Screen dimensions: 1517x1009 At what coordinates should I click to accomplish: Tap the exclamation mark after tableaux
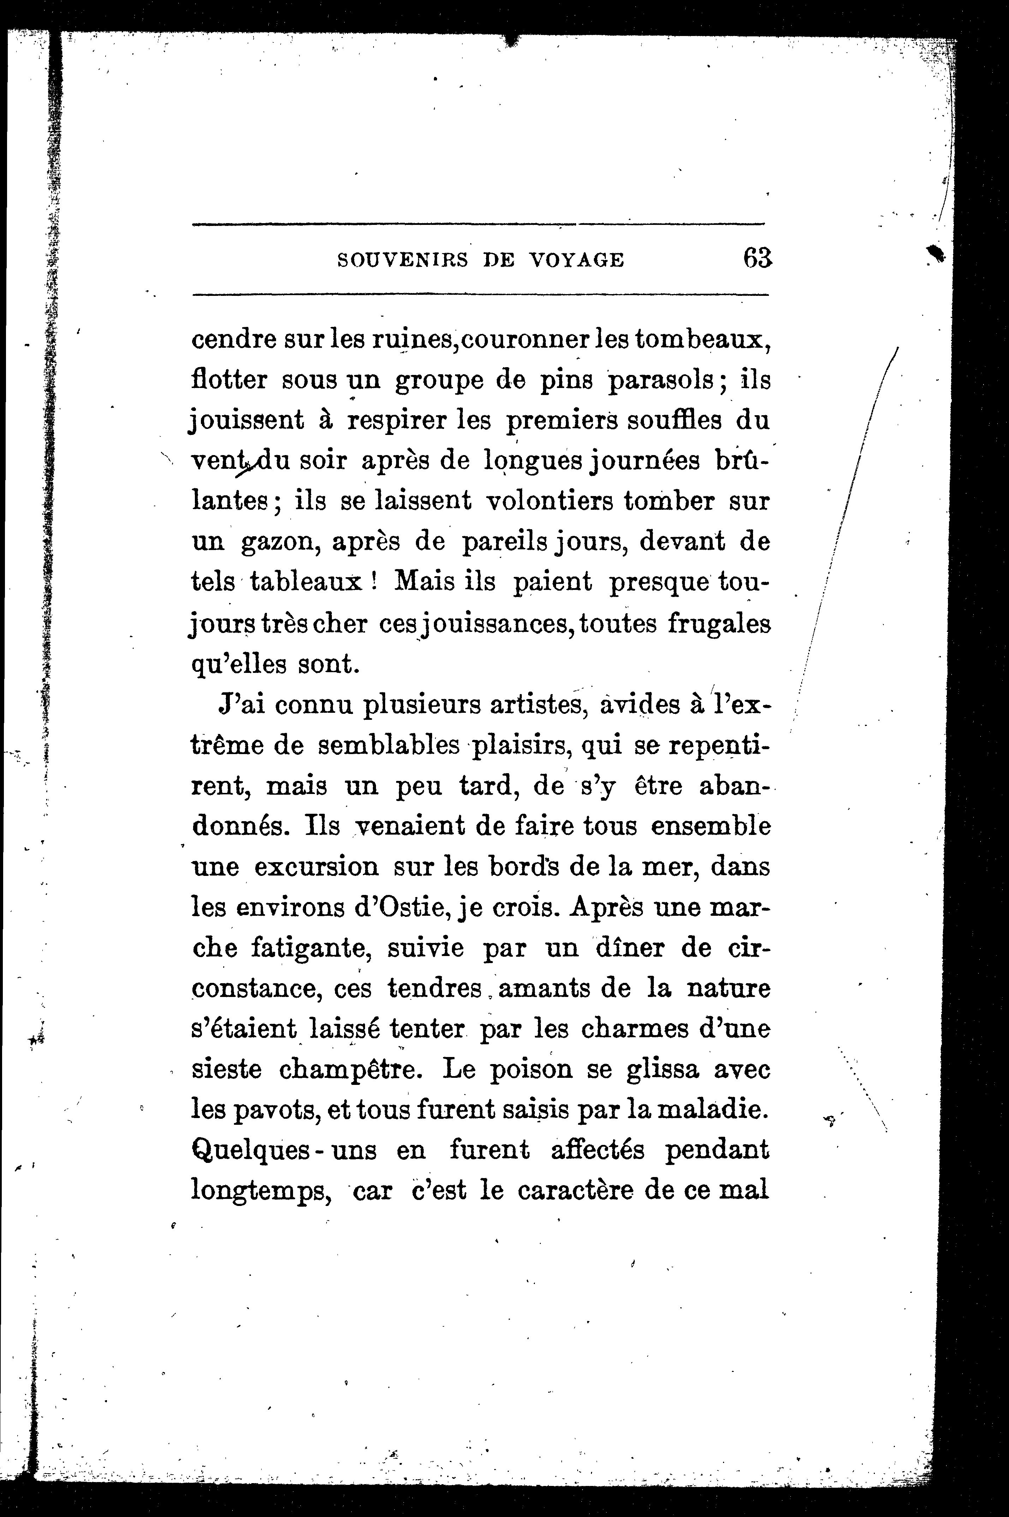click(373, 582)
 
